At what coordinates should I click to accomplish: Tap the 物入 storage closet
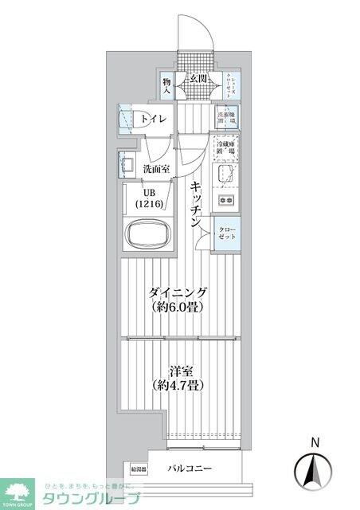(166, 85)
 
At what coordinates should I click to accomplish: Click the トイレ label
(155, 120)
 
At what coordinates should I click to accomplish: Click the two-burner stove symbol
(225, 199)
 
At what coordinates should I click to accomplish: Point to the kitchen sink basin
(224, 175)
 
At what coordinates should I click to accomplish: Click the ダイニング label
(179, 292)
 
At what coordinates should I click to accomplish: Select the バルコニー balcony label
(190, 469)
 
